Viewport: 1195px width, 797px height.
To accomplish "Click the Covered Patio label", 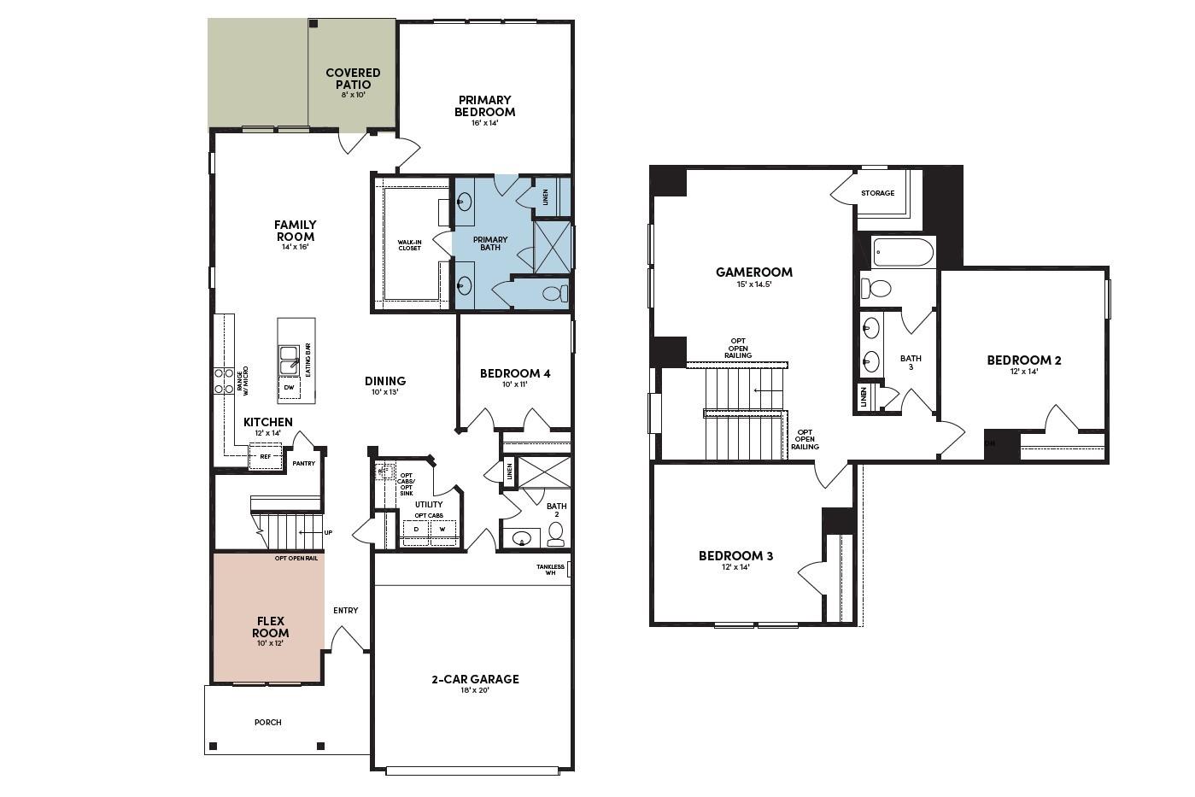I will pyautogui.click(x=353, y=79).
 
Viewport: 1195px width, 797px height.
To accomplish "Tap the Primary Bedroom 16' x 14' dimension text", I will pyautogui.click(x=484, y=123).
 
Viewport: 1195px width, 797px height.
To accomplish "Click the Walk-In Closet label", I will pyautogui.click(x=409, y=245).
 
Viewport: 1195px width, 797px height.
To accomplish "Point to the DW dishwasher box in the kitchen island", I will pyautogui.click(x=289, y=388).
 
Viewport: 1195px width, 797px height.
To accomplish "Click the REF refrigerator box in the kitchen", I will pyautogui.click(x=265, y=457).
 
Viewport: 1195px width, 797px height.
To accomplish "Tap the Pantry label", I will pyautogui.click(x=304, y=464).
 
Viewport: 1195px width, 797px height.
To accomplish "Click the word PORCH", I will pyautogui.click(x=267, y=723).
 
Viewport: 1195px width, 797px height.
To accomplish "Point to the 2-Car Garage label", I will pyautogui.click(x=474, y=679).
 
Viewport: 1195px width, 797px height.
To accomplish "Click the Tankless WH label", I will pyautogui.click(x=551, y=570).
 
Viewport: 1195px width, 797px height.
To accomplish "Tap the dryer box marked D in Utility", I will pyautogui.click(x=416, y=530).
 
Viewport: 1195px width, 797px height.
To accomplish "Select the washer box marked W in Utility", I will pyautogui.click(x=442, y=530).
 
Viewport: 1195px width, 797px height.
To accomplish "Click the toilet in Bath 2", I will pyautogui.click(x=556, y=535).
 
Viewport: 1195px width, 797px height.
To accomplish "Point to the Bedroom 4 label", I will pyautogui.click(x=514, y=373).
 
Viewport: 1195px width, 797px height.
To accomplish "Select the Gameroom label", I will pyautogui.click(x=753, y=273).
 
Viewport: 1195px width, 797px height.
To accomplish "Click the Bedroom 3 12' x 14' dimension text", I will pyautogui.click(x=735, y=567).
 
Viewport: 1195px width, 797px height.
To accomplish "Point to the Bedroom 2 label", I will pyautogui.click(x=1023, y=360).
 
